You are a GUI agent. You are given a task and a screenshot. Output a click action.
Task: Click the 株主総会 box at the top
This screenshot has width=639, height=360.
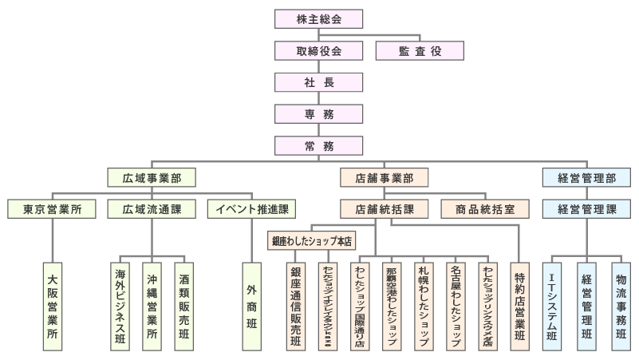click(318, 18)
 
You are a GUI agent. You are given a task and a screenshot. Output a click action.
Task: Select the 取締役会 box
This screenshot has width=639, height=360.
click(318, 50)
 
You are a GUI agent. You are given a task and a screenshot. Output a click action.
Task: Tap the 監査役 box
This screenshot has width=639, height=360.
click(420, 50)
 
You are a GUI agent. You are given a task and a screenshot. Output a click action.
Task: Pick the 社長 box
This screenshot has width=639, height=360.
click(318, 82)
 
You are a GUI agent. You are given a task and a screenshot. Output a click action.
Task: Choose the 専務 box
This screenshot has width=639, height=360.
click(318, 114)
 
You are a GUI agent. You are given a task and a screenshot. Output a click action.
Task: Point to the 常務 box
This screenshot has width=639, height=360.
click(318, 145)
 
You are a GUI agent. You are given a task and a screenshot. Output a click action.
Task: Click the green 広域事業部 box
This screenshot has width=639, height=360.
click(152, 177)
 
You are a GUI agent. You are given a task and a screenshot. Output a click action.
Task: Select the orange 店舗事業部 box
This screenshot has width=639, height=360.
click(384, 177)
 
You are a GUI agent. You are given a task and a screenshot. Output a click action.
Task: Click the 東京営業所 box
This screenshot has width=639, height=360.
click(52, 209)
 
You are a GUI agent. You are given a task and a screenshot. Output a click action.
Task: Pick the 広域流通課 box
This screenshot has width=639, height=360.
click(152, 209)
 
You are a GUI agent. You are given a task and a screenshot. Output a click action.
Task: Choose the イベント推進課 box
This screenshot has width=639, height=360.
click(252, 209)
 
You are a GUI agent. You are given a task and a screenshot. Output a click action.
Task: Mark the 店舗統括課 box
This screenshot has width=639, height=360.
click(384, 209)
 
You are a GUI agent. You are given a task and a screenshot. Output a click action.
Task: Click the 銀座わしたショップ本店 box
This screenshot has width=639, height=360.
click(312, 239)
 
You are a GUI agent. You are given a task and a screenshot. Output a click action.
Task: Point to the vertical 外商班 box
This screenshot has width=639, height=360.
click(252, 307)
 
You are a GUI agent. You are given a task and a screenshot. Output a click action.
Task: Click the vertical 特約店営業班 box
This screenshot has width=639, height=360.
click(520, 307)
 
